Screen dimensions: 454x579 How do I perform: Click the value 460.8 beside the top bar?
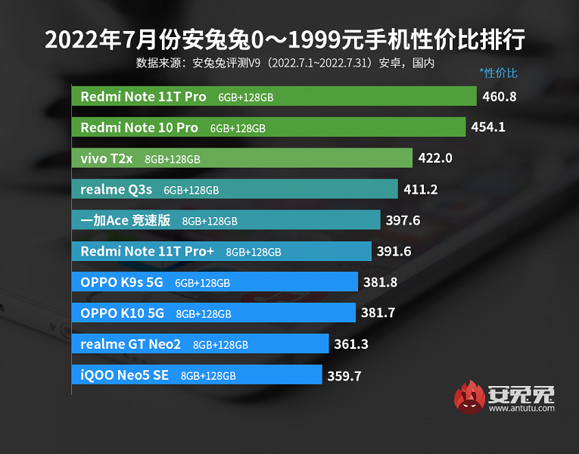[500, 97]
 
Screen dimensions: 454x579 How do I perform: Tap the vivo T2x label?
[107, 159]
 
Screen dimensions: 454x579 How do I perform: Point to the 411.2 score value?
[422, 190]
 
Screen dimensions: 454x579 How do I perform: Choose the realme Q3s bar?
[235, 190]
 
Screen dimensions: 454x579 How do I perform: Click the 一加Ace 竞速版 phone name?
[126, 221]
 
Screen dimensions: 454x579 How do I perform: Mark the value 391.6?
[394, 252]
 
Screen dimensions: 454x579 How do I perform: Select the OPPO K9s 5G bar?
[215, 282]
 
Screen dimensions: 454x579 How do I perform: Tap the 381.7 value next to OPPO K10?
[378, 313]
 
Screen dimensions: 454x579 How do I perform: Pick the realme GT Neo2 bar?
[201, 344]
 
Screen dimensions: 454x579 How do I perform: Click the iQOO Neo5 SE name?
[125, 375]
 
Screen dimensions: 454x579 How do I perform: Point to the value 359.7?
[345, 375]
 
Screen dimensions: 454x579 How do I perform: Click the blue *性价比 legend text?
[498, 73]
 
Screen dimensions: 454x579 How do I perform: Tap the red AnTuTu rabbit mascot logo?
[468, 400]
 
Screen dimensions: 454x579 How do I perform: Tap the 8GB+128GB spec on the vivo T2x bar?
[173, 160]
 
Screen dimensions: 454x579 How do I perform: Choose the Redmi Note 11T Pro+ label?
[148, 252]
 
